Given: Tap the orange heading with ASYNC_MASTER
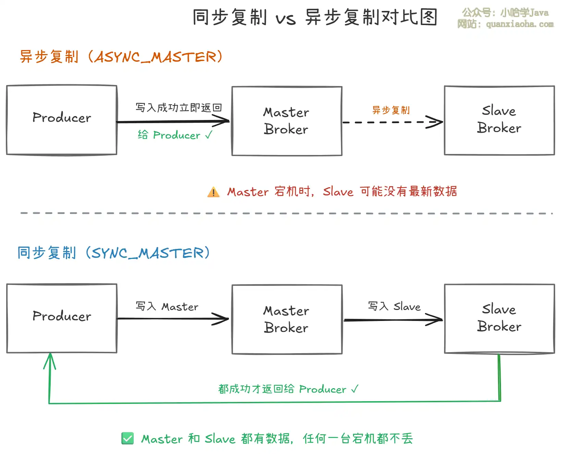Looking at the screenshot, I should pos(121,57).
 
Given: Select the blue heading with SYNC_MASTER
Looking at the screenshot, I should pos(113,253).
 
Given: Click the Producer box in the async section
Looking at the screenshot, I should pos(62,120).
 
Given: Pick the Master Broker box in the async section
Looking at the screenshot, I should pos(287,121).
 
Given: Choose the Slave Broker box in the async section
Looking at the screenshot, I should pos(499,120).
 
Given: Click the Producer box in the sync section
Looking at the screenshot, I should pos(62,318).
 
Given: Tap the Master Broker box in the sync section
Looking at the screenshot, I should pos(287,319).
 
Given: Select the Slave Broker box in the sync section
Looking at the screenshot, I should pos(499,319).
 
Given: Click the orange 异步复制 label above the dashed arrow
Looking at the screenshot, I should pos(391,110).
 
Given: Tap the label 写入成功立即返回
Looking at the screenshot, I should pos(179,108).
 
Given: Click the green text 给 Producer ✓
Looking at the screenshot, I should pos(175,135).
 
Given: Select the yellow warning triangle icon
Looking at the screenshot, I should pos(213,192).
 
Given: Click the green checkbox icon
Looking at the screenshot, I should pos(127,438).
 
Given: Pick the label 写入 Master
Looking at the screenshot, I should pos(167,306).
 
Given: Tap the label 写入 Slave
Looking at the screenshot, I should pos(394,306).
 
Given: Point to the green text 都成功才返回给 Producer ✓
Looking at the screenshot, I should pos(288,389).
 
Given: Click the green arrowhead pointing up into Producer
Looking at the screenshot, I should pos(50,360).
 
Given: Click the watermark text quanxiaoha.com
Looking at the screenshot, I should pos(520,24).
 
